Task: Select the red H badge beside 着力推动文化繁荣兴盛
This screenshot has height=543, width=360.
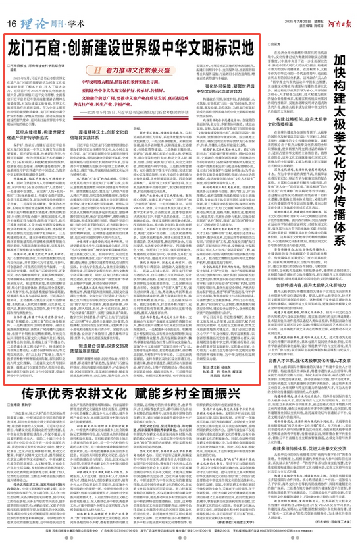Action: [98, 69]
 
